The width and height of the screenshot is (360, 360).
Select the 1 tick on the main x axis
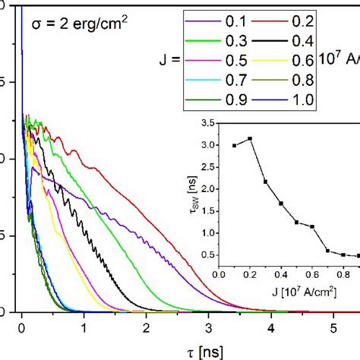pos(84,327)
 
